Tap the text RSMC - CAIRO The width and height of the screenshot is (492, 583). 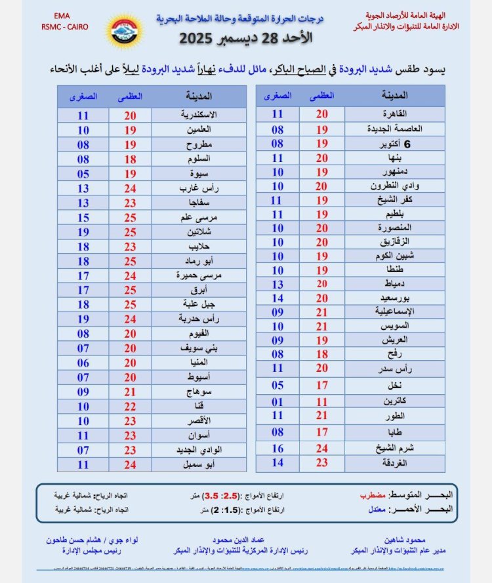(x=63, y=28)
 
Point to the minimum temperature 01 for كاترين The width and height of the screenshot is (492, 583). (x=277, y=401)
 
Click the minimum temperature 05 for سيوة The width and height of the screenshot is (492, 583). (x=83, y=174)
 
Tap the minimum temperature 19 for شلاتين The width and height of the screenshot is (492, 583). (x=83, y=231)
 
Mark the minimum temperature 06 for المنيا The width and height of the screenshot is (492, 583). (x=83, y=362)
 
